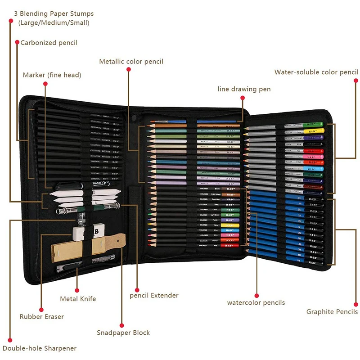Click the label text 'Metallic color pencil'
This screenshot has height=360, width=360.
pyautogui.click(x=131, y=62)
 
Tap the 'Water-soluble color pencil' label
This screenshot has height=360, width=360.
pyautogui.click(x=316, y=72)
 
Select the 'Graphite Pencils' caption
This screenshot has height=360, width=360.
pyautogui.click(x=332, y=311)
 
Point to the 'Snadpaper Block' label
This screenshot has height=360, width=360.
pyautogui.click(x=123, y=333)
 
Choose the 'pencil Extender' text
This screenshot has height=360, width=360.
pyautogui.click(x=154, y=295)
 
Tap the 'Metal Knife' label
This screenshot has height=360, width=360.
pyautogui.click(x=78, y=298)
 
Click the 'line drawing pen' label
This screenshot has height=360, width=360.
pyautogui.click(x=244, y=89)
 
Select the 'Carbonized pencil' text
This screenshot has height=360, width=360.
pyautogui.click(x=49, y=43)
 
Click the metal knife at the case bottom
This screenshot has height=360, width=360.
pyautogui.click(x=67, y=268)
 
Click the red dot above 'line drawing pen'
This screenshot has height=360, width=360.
pyautogui.click(x=242, y=97)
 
